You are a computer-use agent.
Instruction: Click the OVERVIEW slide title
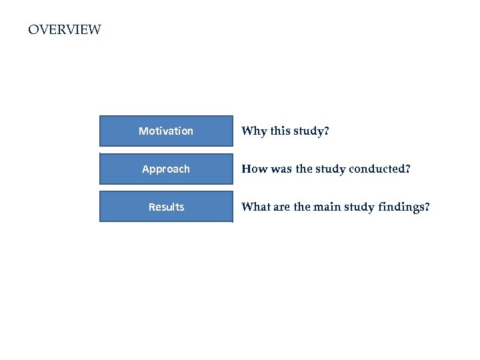click(x=65, y=30)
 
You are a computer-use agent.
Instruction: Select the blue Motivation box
click(x=166, y=131)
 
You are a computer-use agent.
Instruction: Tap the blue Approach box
click(x=166, y=169)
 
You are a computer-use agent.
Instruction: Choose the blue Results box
click(x=166, y=207)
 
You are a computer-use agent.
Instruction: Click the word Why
click(x=253, y=131)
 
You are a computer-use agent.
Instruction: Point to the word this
click(x=279, y=131)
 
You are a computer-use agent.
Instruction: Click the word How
click(x=254, y=169)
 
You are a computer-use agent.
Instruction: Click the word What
click(x=256, y=207)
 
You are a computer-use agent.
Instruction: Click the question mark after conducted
click(x=408, y=169)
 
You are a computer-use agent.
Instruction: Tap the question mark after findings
click(x=427, y=207)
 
